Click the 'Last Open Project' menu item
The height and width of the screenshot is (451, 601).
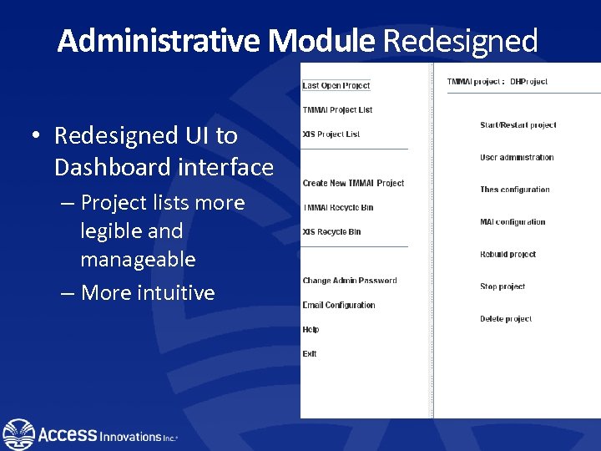coord(336,85)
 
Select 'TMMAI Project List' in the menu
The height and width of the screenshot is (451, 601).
coord(337,109)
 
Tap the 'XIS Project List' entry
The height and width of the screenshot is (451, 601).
coord(331,134)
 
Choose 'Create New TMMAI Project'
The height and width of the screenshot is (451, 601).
coord(353,183)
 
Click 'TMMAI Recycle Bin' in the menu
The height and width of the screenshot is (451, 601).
coord(338,207)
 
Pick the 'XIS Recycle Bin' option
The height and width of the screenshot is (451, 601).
coord(331,231)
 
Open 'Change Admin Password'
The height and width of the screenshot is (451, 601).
coord(350,281)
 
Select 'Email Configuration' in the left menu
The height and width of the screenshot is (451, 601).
coord(339,305)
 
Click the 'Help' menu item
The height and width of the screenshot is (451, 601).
coord(311,329)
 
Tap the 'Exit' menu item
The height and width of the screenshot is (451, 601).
coord(310,353)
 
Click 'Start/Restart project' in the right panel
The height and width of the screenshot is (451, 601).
coord(518,125)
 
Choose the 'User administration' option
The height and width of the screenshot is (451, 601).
coord(517,157)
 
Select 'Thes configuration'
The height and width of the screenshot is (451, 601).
coord(515,190)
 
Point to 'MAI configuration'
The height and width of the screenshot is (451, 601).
coord(513,222)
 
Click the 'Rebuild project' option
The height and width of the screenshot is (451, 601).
coord(508,255)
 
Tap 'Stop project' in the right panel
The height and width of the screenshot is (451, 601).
coord(503,286)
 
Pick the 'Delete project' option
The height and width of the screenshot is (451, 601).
coord(506,319)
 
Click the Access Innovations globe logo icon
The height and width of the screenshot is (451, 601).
coord(18,434)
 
